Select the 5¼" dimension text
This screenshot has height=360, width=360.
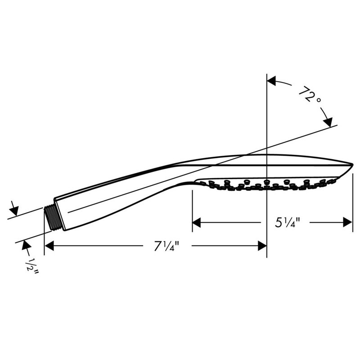click(287, 222)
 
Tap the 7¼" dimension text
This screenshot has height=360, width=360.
click(166, 246)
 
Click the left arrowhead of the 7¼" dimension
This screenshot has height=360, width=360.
click(49, 246)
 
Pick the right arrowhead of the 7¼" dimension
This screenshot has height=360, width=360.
click(262, 246)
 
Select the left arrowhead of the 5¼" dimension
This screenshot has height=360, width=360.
click(197, 222)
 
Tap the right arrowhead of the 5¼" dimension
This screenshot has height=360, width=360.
click(347, 222)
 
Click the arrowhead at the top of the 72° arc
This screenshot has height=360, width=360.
click(271, 81)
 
